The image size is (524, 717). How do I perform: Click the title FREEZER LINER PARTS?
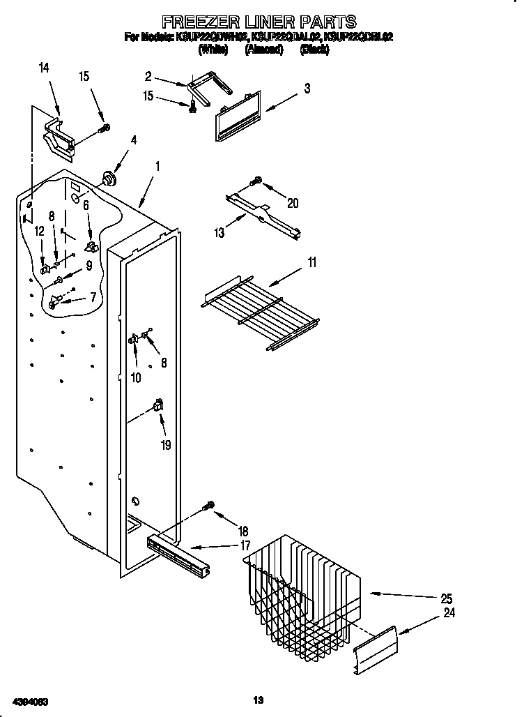[259, 22]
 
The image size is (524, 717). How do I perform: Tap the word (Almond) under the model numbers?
[264, 50]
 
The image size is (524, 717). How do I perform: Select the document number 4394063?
[30, 700]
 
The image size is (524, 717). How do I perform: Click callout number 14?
[44, 68]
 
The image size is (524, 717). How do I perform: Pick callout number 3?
[307, 88]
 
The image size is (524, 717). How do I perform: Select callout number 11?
[312, 262]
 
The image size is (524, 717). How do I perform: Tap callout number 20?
[293, 203]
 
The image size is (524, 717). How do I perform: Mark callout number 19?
[166, 445]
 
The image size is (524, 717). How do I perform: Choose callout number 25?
[446, 598]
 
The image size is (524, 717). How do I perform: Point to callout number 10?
[136, 377]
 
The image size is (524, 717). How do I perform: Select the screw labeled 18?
[208, 505]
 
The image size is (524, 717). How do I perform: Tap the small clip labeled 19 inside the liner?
[158, 405]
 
